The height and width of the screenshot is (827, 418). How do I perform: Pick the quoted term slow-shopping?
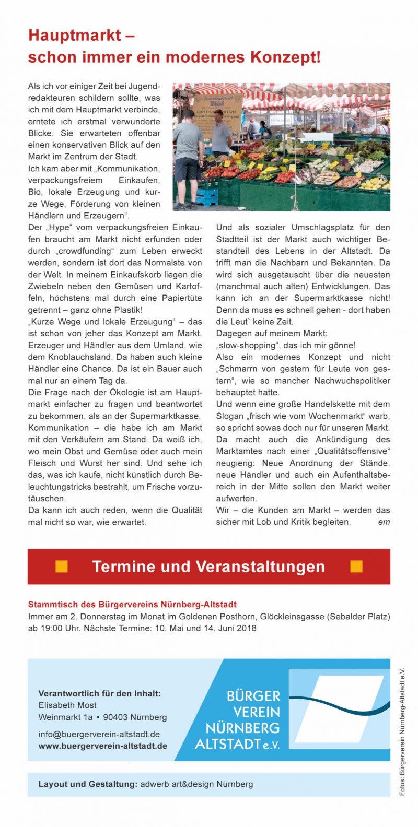coord(246,346)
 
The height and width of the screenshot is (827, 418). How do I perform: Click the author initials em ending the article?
coord(384,522)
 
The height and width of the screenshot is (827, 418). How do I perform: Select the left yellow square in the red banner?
coord(62,566)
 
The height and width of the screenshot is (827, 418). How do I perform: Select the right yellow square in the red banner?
coord(356,566)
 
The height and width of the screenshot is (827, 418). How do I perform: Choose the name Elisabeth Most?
coord(67,705)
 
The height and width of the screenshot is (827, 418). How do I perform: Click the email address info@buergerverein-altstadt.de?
coord(99,734)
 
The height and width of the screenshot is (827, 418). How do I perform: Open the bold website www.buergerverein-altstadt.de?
coord(103,746)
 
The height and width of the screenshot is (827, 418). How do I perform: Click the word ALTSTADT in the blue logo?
coord(227,744)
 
